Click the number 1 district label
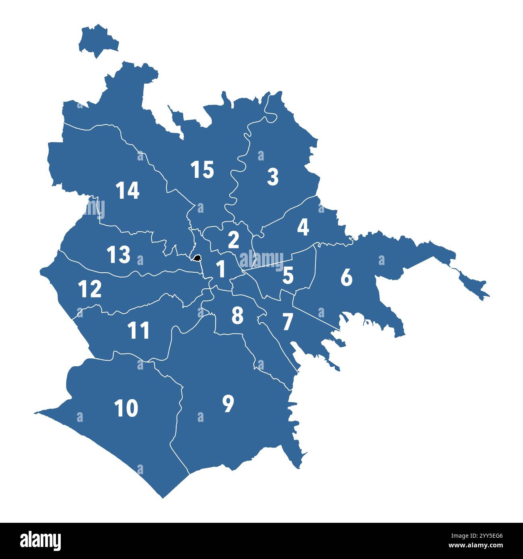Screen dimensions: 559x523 (221, 269)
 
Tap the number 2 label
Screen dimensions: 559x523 (233, 240)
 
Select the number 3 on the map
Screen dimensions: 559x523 (273, 177)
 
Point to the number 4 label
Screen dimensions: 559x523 (303, 228)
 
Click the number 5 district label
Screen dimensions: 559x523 (288, 275)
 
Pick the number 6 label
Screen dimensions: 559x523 (346, 277)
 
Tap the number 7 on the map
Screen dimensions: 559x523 (287, 322)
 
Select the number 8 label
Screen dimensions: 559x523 (237, 315)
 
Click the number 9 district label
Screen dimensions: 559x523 (228, 404)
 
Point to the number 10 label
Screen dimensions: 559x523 (126, 409)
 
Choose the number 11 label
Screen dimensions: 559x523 (138, 331)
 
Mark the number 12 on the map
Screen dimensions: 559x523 (90, 289)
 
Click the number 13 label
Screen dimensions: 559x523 (119, 255)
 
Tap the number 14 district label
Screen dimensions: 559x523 (128, 191)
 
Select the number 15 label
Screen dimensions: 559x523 (202, 170)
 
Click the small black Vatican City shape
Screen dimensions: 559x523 (197, 258)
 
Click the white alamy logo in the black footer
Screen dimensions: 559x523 (41, 541)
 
